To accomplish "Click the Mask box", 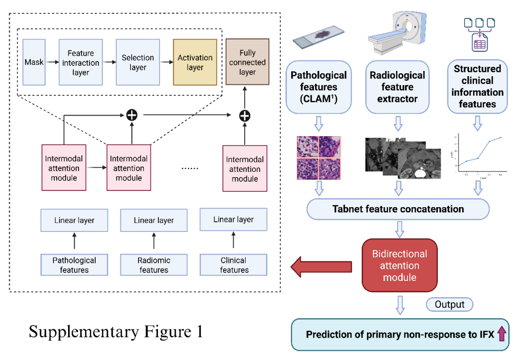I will tap(34, 62).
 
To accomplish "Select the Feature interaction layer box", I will tap(80, 62).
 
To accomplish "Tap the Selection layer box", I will tap(138, 62).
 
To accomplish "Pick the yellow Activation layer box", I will tap(195, 62).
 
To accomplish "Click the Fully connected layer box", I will tap(247, 62).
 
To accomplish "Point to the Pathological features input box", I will tap(74, 265).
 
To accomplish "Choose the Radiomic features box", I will tap(154, 265).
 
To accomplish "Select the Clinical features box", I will tap(234, 265).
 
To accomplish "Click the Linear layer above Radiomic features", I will tap(154, 220).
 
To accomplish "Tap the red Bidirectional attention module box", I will tap(399, 265).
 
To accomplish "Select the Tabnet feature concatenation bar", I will tap(398, 209).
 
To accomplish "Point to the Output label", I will tap(449, 304).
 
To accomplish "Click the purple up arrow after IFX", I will tap(501, 334).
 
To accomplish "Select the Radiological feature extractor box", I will tap(397, 87).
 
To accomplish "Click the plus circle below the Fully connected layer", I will tap(245, 115).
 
